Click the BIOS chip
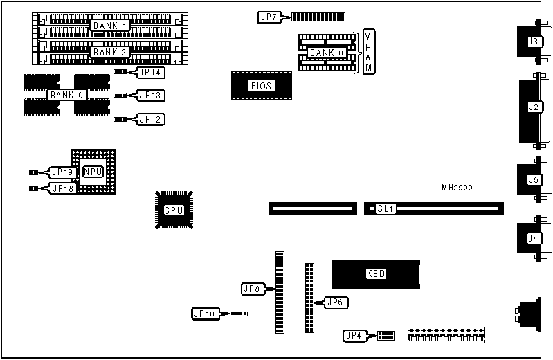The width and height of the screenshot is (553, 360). (x=262, y=86)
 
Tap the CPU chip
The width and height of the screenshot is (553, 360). (x=173, y=210)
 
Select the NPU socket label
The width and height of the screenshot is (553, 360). (x=93, y=172)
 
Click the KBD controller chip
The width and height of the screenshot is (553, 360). (x=375, y=273)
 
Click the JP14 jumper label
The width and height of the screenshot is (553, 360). (x=150, y=71)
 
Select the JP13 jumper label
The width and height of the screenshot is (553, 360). (x=150, y=95)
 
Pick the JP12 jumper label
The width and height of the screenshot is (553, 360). (x=150, y=119)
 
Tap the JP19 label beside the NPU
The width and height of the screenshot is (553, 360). (x=62, y=172)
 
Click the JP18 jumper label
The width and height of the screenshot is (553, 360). (x=62, y=188)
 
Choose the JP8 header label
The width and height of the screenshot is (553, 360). (x=251, y=288)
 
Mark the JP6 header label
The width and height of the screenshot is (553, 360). (x=336, y=302)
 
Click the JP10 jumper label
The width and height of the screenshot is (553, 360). (x=205, y=314)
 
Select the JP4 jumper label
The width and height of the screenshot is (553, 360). (x=354, y=336)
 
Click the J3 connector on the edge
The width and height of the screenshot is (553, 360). (x=533, y=42)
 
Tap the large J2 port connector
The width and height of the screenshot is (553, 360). (x=533, y=107)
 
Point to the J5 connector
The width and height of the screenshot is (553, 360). (x=533, y=180)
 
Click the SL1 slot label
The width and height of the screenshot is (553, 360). (x=386, y=208)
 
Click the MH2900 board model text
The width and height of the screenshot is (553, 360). (x=457, y=188)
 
